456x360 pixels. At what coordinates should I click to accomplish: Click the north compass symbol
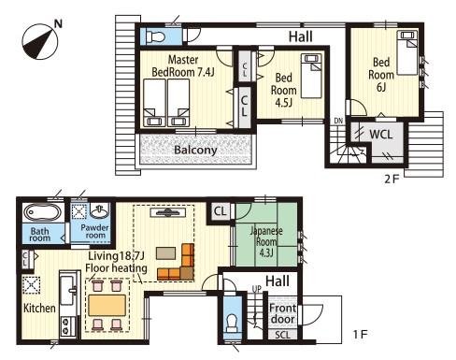(x=40, y=41)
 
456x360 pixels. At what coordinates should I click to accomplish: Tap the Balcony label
(x=195, y=150)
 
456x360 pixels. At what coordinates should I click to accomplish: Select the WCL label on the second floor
(x=380, y=135)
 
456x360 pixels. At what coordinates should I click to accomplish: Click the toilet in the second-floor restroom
(x=155, y=36)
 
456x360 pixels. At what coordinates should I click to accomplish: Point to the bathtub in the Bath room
(x=42, y=213)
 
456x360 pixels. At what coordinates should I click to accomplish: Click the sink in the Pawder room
(x=99, y=211)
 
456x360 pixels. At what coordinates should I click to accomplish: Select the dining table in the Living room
(x=107, y=306)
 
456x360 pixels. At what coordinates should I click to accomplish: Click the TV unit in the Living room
(x=168, y=213)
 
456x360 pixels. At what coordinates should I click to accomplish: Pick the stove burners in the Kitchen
(x=66, y=326)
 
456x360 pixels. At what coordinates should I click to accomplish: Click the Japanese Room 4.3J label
(x=266, y=242)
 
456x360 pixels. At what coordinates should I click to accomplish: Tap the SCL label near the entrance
(x=282, y=335)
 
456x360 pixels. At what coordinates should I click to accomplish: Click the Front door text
(x=282, y=313)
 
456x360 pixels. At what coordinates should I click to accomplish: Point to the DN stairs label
(x=338, y=121)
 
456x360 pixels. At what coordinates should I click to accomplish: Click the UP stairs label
(x=256, y=289)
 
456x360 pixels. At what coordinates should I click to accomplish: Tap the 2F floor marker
(x=392, y=180)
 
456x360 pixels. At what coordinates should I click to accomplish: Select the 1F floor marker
(x=360, y=335)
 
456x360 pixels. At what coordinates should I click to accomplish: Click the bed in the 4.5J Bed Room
(x=311, y=76)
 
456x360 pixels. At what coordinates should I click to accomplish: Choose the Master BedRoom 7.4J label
(x=183, y=65)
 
